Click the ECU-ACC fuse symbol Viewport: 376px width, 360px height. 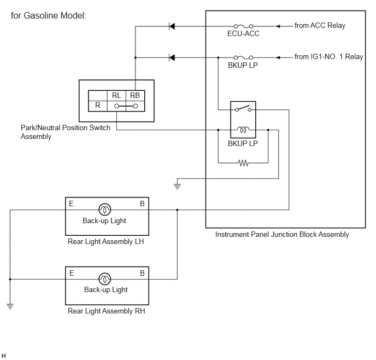(x=243, y=26)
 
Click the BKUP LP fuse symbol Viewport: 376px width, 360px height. (x=243, y=57)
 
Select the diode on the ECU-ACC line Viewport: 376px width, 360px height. (x=172, y=26)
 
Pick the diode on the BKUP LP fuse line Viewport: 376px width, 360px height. (x=172, y=57)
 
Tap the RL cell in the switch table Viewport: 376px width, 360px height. (x=116, y=96)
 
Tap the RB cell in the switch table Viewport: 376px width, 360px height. (x=135, y=96)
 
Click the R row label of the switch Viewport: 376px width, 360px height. (x=97, y=106)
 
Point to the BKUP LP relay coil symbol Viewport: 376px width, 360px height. (x=243, y=130)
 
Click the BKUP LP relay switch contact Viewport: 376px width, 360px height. (x=243, y=108)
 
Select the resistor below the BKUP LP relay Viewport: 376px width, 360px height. (x=243, y=163)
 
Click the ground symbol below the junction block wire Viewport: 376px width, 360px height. (x=177, y=186)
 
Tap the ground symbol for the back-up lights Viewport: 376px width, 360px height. (x=10, y=306)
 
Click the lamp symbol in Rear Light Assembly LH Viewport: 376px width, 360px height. (x=105, y=210)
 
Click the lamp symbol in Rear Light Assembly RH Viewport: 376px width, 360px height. (x=105, y=279)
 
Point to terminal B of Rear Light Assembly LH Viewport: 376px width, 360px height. (x=142, y=204)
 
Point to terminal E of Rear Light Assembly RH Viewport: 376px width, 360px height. (x=72, y=273)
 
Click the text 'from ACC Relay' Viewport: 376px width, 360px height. (x=320, y=25)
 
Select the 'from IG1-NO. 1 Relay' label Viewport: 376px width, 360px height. (x=329, y=57)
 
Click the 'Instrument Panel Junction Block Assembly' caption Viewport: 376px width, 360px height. (x=282, y=235)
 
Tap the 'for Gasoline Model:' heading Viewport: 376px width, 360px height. (x=49, y=16)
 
